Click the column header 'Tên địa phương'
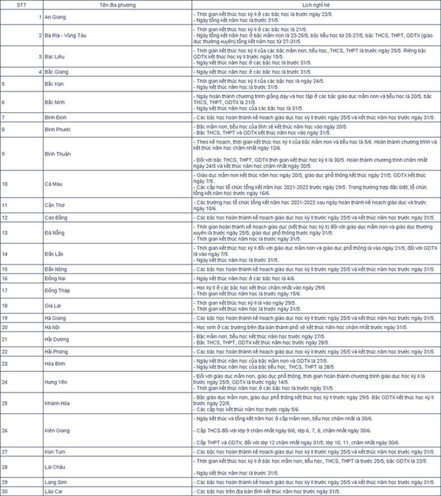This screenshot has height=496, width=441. (117, 5)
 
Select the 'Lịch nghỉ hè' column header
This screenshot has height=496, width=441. (316, 5)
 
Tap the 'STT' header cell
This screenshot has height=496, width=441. (21, 5)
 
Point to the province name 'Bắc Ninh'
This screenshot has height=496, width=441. (55, 102)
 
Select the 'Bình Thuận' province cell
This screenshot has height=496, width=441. (57, 154)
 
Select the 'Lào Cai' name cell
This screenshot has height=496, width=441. (54, 492)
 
